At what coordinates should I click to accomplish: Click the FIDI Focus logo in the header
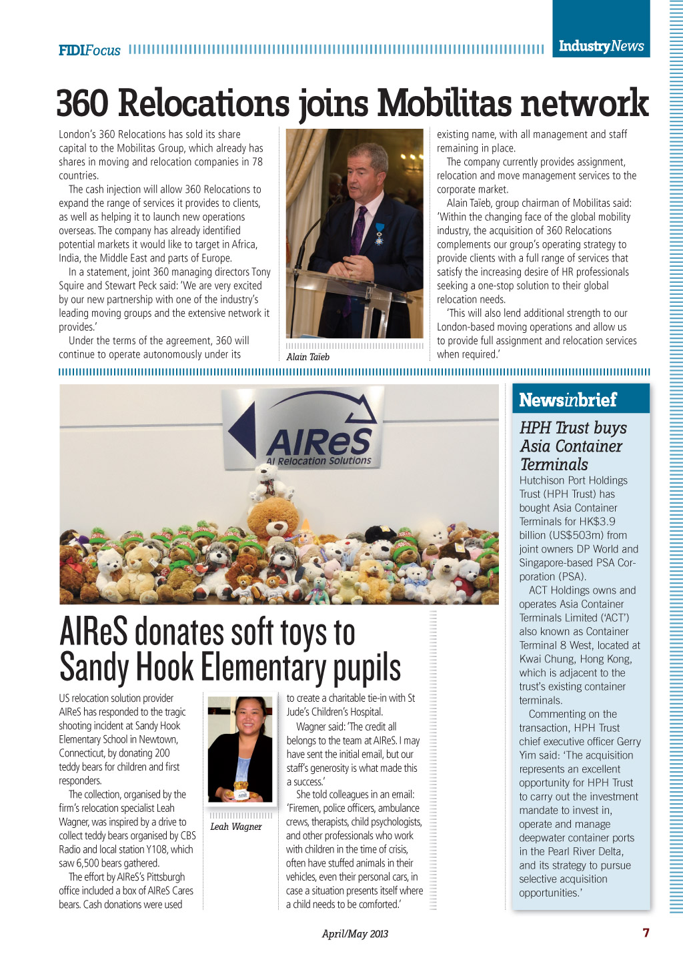tap(89, 50)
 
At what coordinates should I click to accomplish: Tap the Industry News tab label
tap(601, 45)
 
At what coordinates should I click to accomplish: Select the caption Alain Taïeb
tap(307, 357)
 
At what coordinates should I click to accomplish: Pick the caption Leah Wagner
tap(236, 827)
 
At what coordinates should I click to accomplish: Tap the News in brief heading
tap(568, 400)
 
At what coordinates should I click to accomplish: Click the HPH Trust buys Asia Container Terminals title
tap(572, 446)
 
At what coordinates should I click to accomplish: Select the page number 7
tap(646, 933)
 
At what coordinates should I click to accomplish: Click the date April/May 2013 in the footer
tap(355, 934)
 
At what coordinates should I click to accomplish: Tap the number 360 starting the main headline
tap(82, 103)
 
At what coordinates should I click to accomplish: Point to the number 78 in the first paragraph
tap(257, 161)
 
